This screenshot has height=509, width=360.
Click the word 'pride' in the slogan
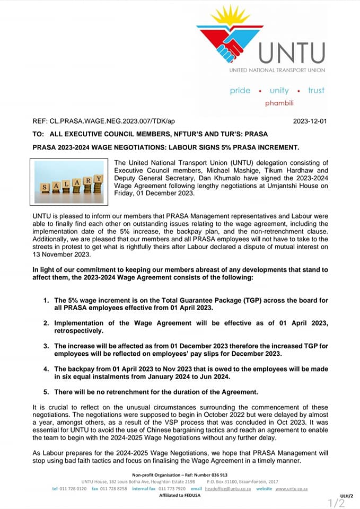(240, 91)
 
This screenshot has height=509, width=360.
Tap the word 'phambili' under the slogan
(279, 103)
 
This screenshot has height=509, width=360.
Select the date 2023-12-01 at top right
(310, 121)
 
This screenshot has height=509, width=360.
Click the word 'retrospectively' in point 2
(80, 330)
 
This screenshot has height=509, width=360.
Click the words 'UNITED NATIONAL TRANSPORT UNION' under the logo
(277, 70)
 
